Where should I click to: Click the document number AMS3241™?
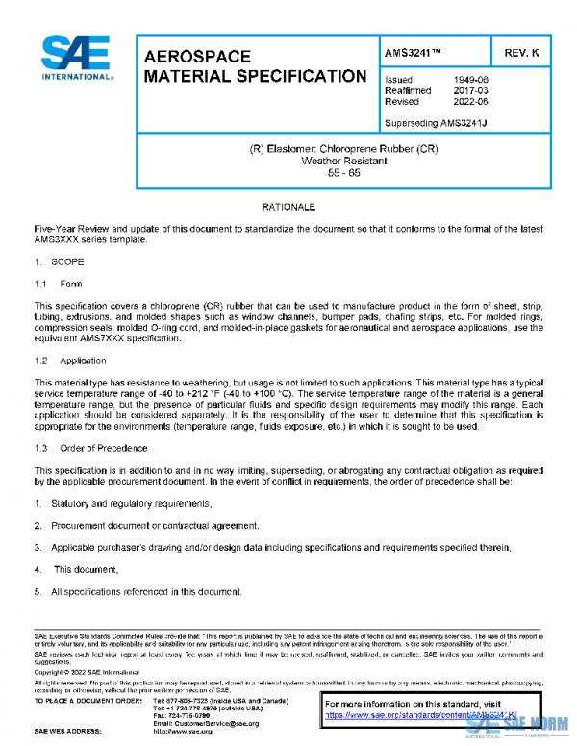click(415, 50)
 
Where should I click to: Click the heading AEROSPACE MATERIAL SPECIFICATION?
click(253, 66)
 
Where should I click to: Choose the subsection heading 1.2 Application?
click(70, 361)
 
